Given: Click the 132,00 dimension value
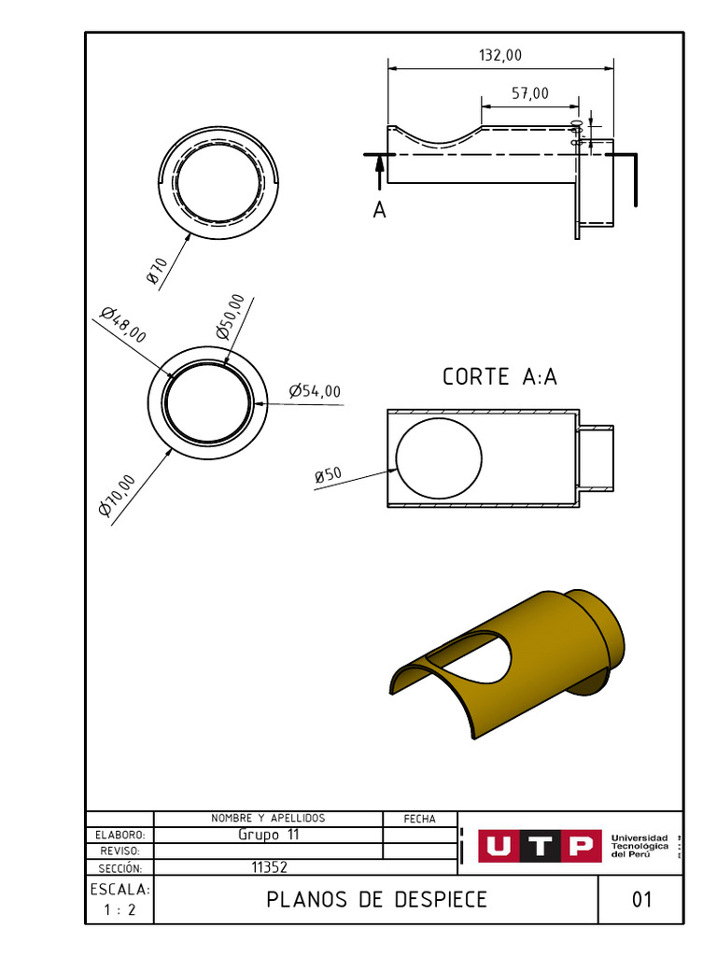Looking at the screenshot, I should click(500, 56).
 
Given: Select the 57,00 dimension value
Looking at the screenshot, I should click(530, 92).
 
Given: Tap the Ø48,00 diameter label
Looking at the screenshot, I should click(122, 324).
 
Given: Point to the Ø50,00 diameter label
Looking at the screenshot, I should click(231, 316).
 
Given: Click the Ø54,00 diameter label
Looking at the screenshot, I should click(315, 391).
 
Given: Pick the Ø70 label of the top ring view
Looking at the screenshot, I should click(156, 272).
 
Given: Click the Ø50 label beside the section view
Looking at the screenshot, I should click(329, 475).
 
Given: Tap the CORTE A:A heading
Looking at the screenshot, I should click(499, 377).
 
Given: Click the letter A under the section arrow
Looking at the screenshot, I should click(379, 211).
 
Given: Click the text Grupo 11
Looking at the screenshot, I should click(268, 835).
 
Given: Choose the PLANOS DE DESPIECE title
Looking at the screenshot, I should click(376, 900).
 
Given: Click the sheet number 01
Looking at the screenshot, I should click(641, 900).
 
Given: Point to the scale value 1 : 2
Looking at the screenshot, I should click(119, 910).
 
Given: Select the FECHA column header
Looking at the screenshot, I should click(420, 819).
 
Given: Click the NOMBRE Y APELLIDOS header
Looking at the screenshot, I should click(268, 819).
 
